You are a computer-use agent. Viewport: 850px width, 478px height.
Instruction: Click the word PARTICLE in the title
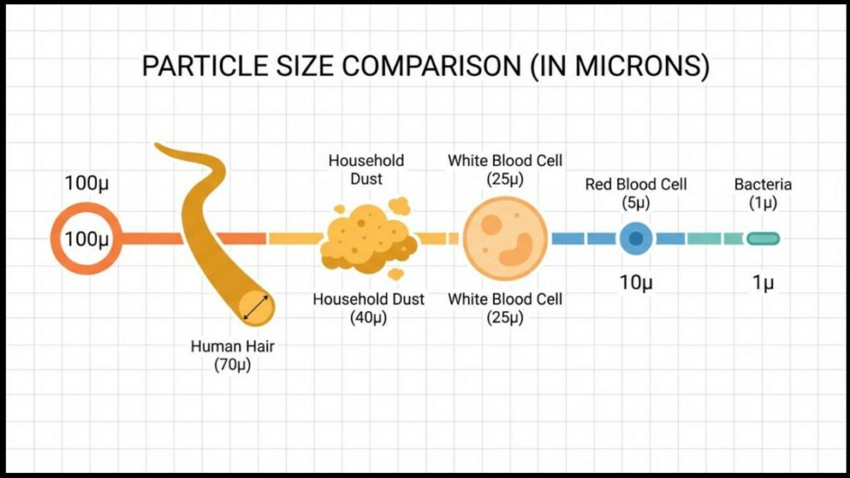point(205,66)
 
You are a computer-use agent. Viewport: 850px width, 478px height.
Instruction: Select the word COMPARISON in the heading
point(431,66)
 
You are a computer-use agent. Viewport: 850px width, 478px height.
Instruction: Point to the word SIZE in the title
point(305,66)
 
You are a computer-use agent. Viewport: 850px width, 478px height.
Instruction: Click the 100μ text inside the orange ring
point(86,238)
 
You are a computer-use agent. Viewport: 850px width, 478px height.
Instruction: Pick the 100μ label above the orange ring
point(86,183)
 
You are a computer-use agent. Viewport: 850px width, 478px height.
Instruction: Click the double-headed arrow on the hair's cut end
point(256,307)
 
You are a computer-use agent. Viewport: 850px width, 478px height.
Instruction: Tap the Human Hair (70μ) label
point(232,355)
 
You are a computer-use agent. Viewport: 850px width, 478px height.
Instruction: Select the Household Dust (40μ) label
point(369,308)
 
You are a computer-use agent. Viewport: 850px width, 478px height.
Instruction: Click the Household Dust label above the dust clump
point(366,169)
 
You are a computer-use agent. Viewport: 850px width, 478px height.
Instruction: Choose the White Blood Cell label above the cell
point(506,169)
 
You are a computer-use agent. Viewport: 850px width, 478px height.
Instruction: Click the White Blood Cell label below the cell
point(506,308)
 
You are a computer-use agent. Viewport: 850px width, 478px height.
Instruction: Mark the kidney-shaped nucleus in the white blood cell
point(517,251)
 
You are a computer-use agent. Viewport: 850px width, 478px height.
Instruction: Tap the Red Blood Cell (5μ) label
point(636,193)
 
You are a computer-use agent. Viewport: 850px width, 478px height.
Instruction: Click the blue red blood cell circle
point(636,238)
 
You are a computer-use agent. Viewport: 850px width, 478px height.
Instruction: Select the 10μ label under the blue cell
point(636,282)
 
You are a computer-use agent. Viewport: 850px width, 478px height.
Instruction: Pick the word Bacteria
point(764,184)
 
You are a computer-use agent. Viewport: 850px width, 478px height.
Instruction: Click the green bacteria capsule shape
point(764,238)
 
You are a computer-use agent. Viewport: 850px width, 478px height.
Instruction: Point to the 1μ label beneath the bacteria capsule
point(764,282)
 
